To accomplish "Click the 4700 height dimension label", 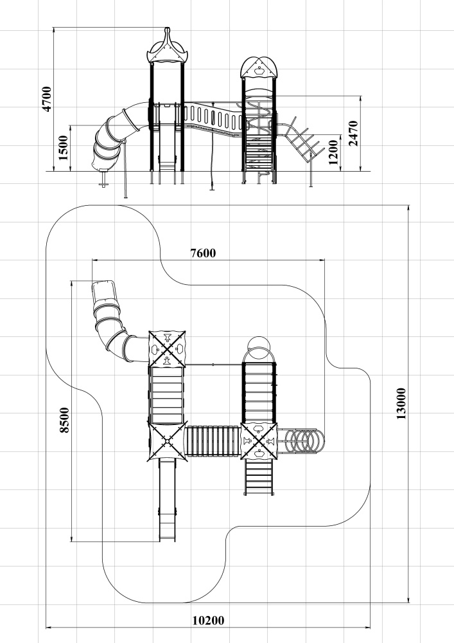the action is coord(47,99).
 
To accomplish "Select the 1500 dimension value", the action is coord(64,148).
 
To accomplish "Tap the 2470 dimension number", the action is coord(353,133).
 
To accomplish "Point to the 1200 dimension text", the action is coord(334,152).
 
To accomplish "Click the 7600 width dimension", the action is coord(203,253).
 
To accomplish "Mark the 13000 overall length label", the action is coord(401,404).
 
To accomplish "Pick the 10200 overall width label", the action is coord(208,620).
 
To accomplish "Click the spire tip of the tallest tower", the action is coord(167,28).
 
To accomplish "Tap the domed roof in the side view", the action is coord(259,68).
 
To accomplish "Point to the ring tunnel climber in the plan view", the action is coord(301,441).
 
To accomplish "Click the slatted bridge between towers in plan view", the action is coord(213,441).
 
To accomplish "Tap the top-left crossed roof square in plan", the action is coord(167,349).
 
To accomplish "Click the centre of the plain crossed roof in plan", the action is coord(167,441).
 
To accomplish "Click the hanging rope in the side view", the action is coord(213,145).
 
